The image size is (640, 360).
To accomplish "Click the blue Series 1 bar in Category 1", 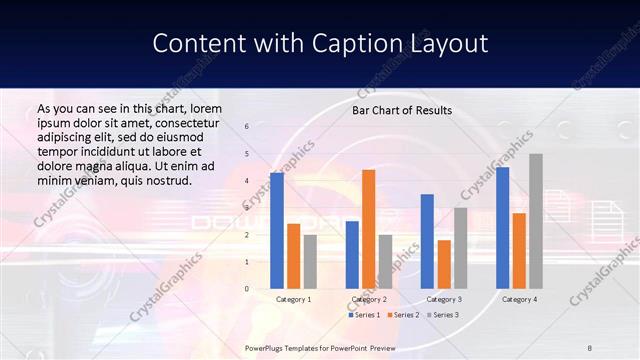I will [277, 231].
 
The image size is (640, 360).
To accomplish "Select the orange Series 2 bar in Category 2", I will [368, 229].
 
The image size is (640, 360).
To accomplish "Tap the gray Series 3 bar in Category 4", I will [536, 221].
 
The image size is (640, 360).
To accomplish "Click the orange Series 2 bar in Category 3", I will [444, 264].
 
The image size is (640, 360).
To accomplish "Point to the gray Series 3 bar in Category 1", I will [310, 262].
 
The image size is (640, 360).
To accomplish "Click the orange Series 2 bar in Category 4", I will [519, 251].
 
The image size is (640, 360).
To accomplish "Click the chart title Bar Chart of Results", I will [402, 110].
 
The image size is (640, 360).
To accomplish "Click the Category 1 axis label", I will [293, 299].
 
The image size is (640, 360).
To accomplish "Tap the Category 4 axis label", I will [519, 299].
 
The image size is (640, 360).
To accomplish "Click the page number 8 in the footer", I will [590, 346].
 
